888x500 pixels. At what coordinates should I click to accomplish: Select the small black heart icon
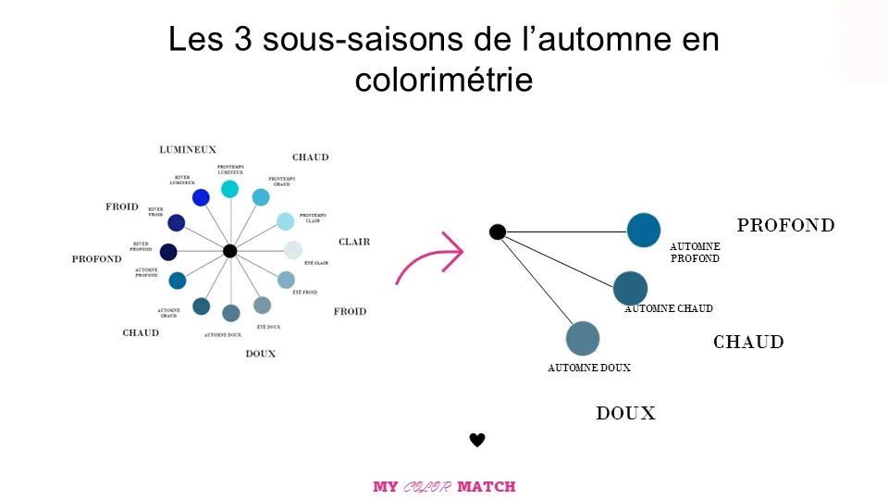[x=477, y=440]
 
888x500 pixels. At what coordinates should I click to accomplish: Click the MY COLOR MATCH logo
[x=444, y=486]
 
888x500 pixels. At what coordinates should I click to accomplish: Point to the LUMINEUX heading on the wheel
[x=188, y=149]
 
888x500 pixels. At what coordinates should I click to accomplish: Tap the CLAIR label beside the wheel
[x=353, y=242]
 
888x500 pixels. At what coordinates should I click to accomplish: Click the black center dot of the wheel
[x=230, y=251]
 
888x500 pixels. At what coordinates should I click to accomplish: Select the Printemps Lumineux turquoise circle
[x=230, y=189]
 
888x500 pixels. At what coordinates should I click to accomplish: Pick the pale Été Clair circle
[x=293, y=250]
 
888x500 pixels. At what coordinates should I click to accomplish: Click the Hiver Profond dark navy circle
[x=168, y=252]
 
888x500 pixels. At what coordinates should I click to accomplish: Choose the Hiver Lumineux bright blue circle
[x=201, y=197]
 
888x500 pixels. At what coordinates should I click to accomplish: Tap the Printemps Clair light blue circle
[x=285, y=221]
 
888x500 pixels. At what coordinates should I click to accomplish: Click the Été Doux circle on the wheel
[x=263, y=306]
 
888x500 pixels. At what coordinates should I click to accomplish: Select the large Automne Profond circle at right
[x=644, y=231]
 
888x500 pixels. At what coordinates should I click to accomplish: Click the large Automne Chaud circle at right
[x=630, y=288]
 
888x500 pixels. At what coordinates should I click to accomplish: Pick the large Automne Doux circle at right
[x=583, y=338]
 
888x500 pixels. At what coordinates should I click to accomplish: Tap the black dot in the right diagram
[x=497, y=231]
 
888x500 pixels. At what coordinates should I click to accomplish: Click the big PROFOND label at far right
[x=785, y=225]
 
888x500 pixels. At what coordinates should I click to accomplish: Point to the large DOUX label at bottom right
[x=625, y=414]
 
